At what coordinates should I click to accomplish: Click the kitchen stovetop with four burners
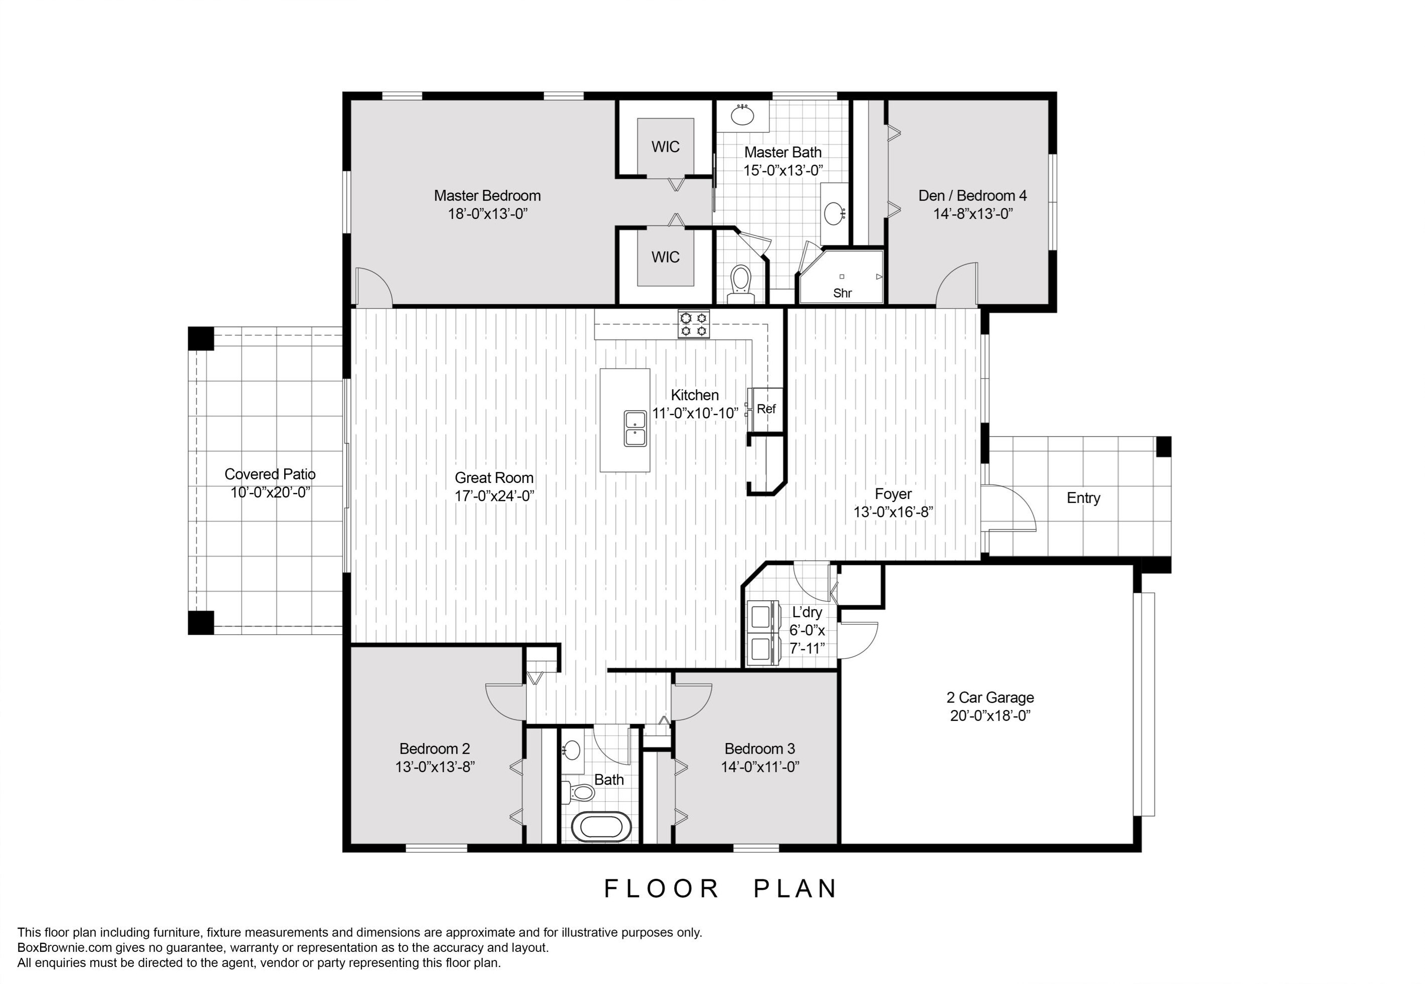click(x=694, y=324)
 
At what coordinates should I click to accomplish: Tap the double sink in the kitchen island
click(x=635, y=428)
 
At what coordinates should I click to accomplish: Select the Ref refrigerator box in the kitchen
click(x=766, y=409)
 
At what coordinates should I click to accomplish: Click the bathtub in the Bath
click(x=601, y=827)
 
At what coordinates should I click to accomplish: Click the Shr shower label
click(x=842, y=294)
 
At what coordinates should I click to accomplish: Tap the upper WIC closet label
click(x=665, y=147)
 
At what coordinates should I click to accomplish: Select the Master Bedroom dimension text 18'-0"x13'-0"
click(x=487, y=214)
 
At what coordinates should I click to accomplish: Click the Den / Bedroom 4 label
click(x=972, y=195)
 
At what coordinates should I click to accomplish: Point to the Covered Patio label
click(x=270, y=474)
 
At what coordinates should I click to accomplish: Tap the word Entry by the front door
click(x=1083, y=498)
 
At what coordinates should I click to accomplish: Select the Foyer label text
click(x=892, y=494)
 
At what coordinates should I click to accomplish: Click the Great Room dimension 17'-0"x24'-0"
click(x=494, y=496)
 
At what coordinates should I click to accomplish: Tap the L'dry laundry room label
click(x=806, y=612)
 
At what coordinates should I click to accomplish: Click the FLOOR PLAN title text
click(x=720, y=888)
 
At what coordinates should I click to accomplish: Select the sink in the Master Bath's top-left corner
click(x=742, y=115)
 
